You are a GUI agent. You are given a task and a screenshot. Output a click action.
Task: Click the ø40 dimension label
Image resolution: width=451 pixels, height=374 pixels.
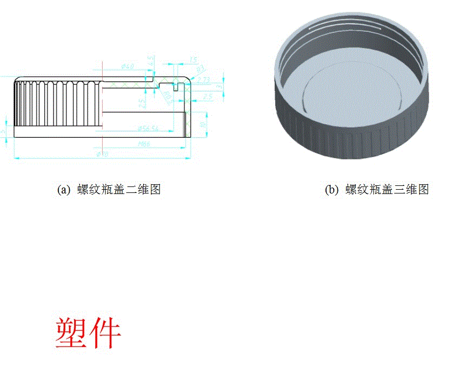128,66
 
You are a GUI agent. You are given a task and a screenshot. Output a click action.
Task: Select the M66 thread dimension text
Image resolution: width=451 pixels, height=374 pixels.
144,144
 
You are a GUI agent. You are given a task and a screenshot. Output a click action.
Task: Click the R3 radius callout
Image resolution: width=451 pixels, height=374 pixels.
201,70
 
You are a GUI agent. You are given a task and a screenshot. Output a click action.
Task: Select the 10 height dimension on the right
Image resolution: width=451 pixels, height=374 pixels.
203,124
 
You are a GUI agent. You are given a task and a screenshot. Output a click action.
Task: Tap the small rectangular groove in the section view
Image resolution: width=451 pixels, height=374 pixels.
176,84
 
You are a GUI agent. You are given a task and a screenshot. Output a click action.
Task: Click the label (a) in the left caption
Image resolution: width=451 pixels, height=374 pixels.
64,190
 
